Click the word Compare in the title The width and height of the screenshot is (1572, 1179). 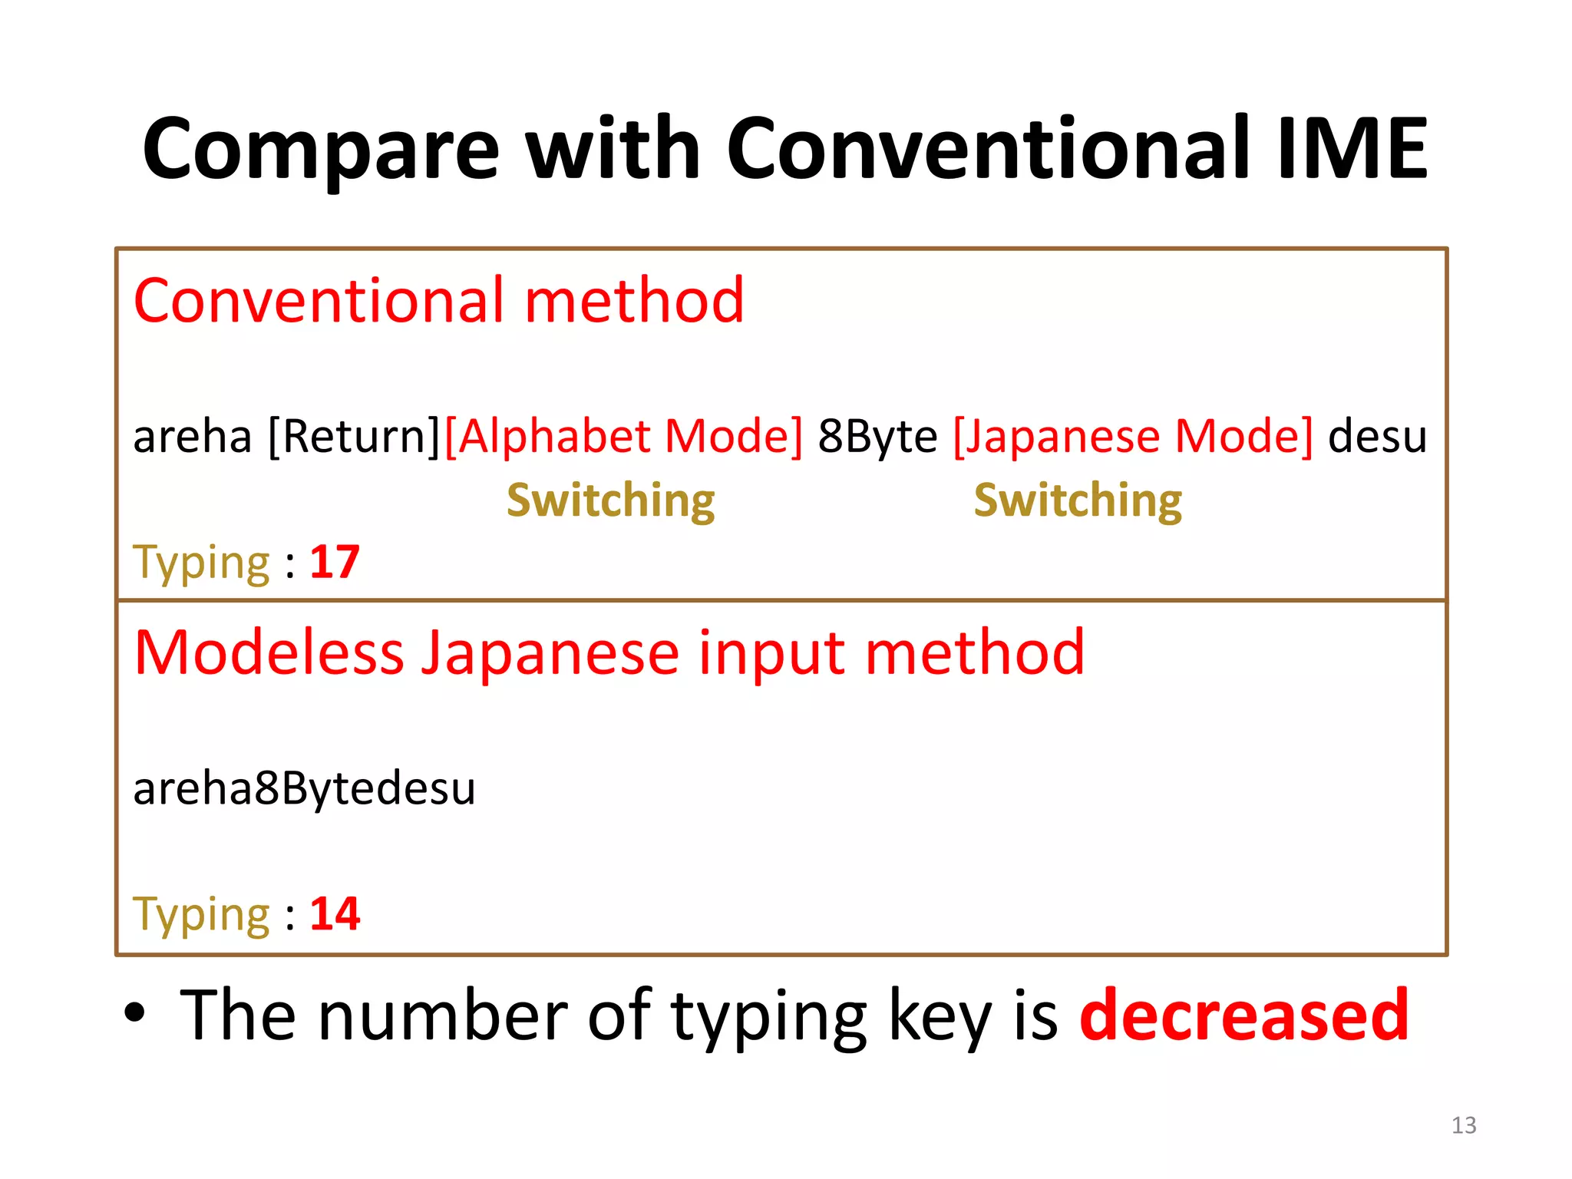tap(321, 150)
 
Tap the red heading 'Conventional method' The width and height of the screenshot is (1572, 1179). tap(438, 301)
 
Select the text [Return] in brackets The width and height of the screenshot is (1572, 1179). tap(354, 437)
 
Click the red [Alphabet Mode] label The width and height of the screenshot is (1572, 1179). tap(623, 437)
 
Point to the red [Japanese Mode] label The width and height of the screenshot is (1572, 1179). tap(1133, 437)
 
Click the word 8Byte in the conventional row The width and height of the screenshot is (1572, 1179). tap(877, 437)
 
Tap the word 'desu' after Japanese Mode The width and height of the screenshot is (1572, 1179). tap(1377, 437)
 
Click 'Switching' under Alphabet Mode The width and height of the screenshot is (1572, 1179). tap(611, 501)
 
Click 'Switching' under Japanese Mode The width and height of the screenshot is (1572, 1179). tap(1078, 501)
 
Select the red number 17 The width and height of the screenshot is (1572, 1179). tap(335, 562)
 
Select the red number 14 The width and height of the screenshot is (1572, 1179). tap(335, 913)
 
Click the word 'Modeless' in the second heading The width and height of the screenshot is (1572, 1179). tap(269, 653)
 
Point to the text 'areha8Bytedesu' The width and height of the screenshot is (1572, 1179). tap(304, 789)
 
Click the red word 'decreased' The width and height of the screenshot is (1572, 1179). tap(1244, 1016)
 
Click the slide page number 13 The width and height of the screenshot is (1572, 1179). tap(1464, 1125)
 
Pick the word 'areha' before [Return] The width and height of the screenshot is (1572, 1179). tap(193, 437)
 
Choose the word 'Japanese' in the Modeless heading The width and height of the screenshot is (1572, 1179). tap(551, 653)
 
